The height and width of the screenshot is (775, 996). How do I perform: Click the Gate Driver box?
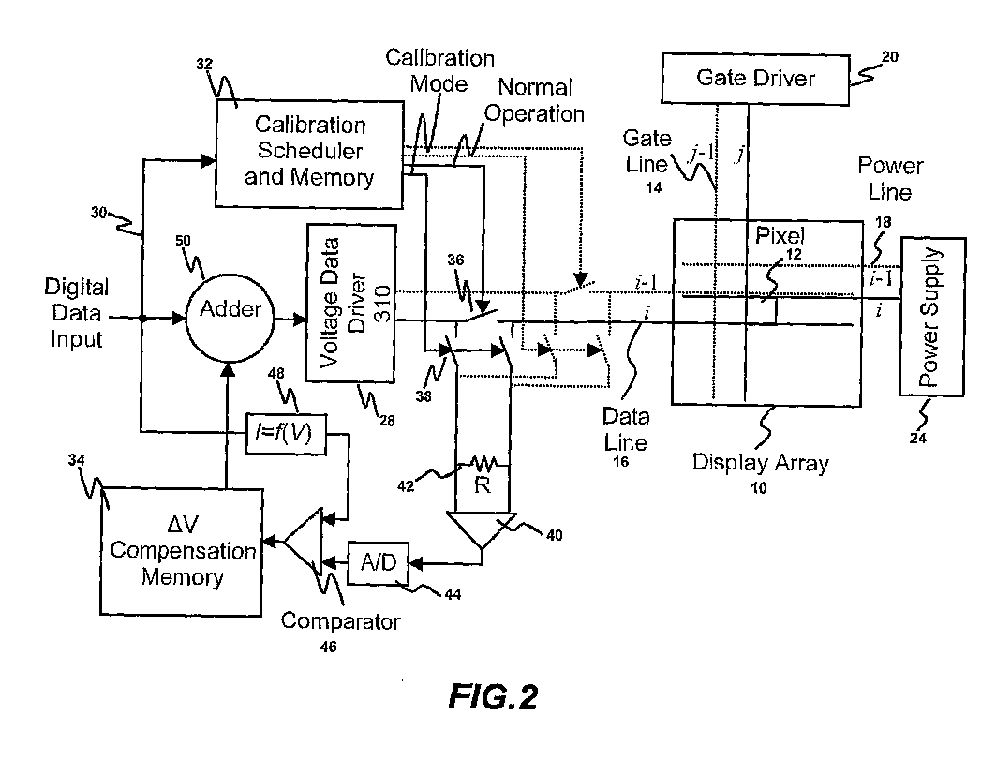(x=755, y=78)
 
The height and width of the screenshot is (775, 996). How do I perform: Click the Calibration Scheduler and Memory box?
(x=309, y=151)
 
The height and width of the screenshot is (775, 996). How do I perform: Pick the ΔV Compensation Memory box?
(x=183, y=550)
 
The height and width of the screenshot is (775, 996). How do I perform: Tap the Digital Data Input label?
(x=77, y=313)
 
